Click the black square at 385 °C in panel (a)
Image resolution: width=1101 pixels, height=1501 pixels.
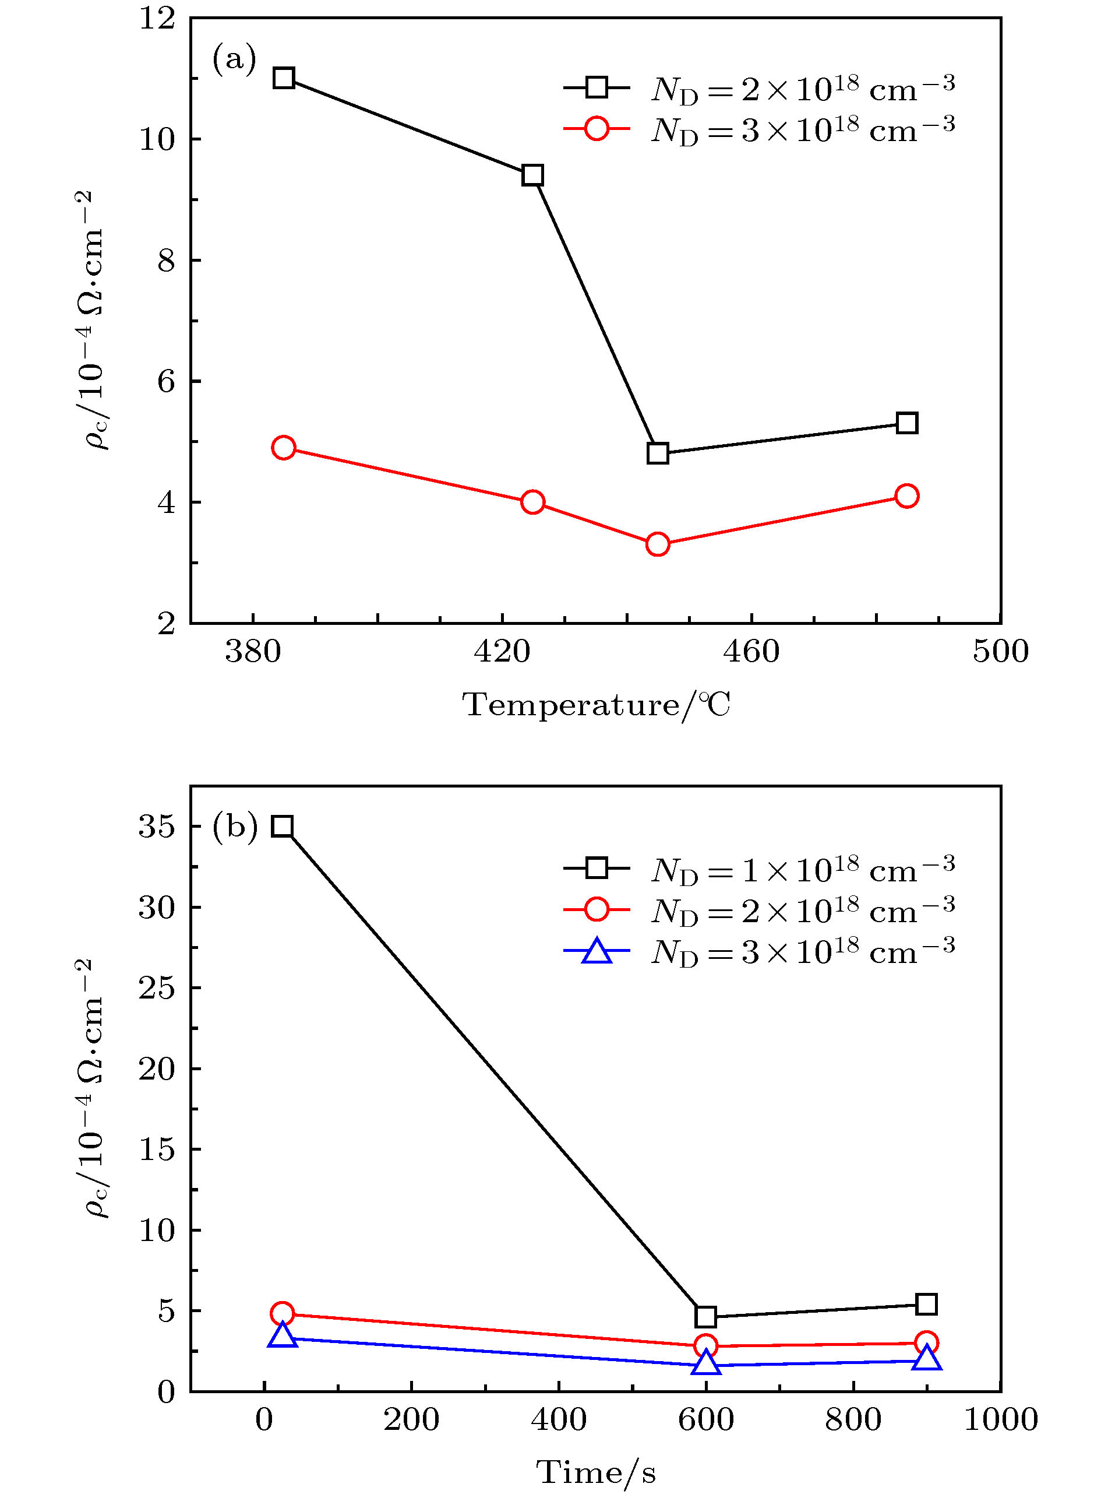click(x=284, y=79)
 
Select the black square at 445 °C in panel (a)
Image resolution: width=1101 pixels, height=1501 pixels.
click(x=658, y=454)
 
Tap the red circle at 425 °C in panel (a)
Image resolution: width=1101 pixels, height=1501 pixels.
click(x=532, y=502)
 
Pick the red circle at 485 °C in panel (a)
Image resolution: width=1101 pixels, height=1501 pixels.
click(x=906, y=496)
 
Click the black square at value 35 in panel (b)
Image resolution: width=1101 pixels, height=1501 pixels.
click(x=283, y=827)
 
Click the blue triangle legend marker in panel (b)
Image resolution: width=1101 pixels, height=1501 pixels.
click(x=597, y=951)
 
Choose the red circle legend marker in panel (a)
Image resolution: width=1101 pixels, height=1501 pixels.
click(x=597, y=128)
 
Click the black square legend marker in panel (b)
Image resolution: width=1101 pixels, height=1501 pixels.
click(x=597, y=867)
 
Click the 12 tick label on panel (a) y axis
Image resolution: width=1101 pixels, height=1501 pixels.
click(x=157, y=19)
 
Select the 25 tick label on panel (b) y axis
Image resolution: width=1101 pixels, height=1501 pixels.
click(x=157, y=988)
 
